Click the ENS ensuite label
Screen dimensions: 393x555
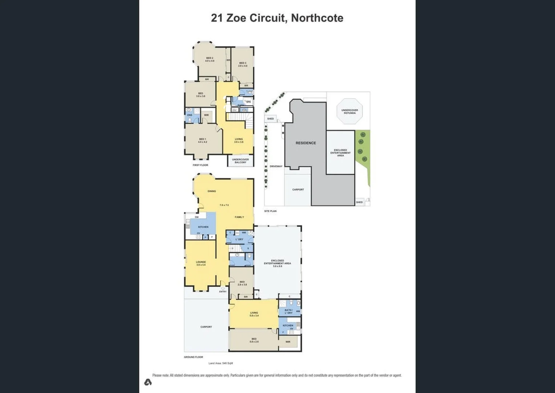pyautogui.click(x=190, y=115)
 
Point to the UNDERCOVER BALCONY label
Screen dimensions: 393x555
pyautogui.click(x=240, y=161)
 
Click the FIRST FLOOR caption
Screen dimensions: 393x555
pyautogui.click(x=200, y=165)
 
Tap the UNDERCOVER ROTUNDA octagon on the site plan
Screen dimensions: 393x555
pyautogui.click(x=349, y=111)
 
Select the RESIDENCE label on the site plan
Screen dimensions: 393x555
pyautogui.click(x=305, y=143)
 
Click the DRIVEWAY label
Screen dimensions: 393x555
pyautogui.click(x=276, y=166)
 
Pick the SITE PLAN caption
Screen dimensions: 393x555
pyautogui.click(x=270, y=211)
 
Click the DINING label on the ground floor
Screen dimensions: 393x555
pyautogui.click(x=212, y=191)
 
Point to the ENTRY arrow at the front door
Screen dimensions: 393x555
pyautogui.click(x=223, y=289)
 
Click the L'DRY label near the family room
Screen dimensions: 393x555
pyautogui.click(x=239, y=239)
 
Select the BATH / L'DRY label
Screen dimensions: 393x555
pyautogui.click(x=288, y=311)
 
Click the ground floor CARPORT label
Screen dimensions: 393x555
pyautogui.click(x=206, y=327)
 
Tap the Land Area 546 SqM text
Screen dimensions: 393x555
pyautogui.click(x=220, y=363)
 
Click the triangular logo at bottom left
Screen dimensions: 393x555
pyautogui.click(x=148, y=382)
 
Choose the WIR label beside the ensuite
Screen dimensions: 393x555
pyautogui.click(x=206, y=115)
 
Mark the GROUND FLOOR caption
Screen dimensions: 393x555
pyautogui.click(x=193, y=357)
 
